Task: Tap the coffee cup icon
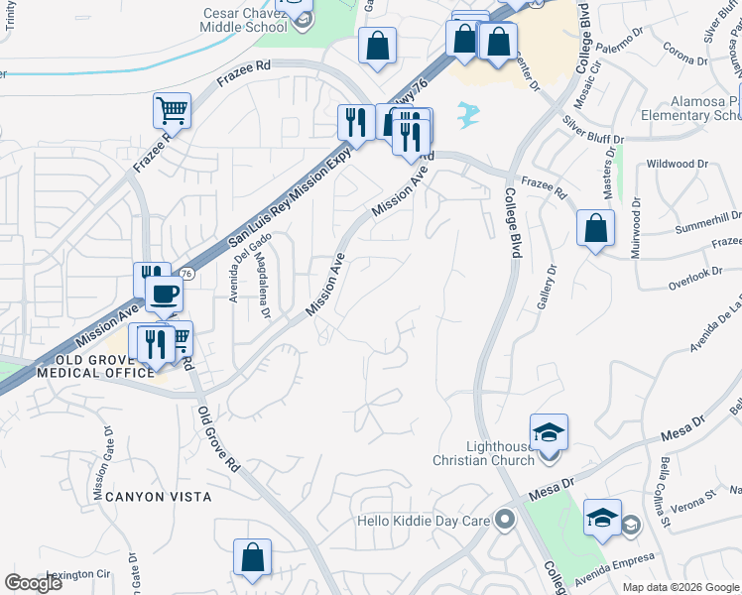[165, 294]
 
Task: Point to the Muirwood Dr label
[636, 227]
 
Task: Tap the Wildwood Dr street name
[677, 164]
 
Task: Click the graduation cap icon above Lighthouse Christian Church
[549, 432]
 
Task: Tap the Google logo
[33, 583]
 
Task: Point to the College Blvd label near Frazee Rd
[513, 223]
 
